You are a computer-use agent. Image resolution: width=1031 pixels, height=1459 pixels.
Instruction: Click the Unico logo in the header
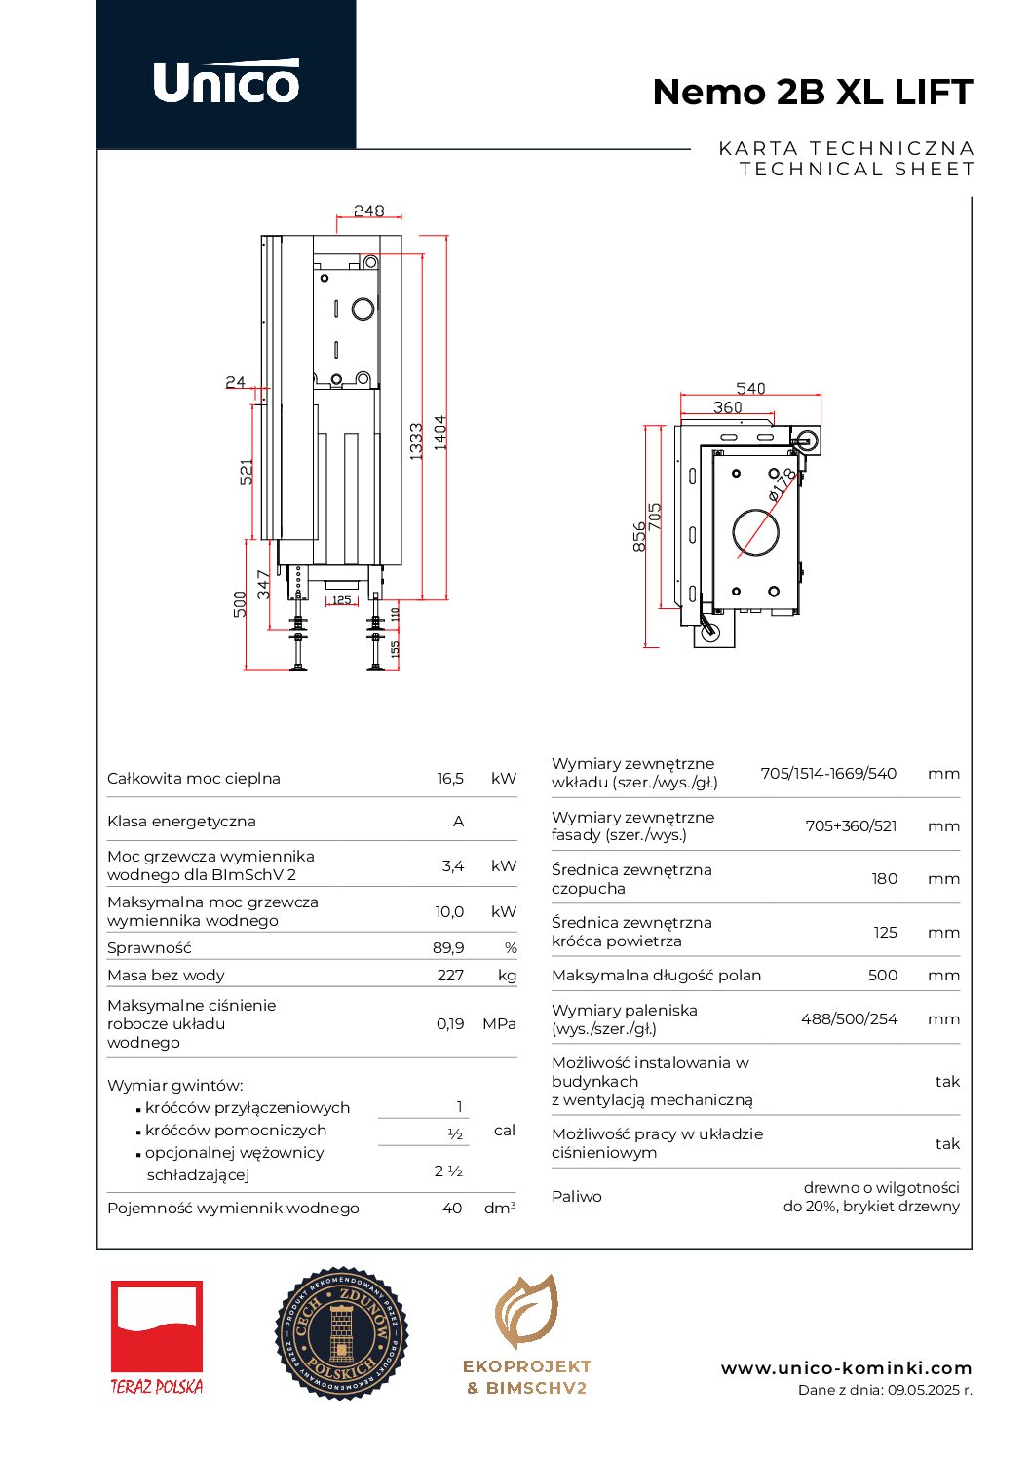coord(226,81)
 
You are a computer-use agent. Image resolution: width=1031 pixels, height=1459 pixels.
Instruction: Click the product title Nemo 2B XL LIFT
coord(812,92)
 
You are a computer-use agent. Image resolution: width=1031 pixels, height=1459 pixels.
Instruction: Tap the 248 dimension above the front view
coord(368,211)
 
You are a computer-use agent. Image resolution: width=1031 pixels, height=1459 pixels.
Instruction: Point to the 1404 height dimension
coord(440,432)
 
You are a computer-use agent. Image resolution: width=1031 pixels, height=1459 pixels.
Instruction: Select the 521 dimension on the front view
coord(247,472)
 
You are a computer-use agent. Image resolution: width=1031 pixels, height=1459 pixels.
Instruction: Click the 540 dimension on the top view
coord(750,388)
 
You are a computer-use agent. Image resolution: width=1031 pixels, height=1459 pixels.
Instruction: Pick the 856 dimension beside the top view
coord(639,536)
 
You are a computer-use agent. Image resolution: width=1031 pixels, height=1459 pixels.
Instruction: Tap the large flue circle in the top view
coord(755,533)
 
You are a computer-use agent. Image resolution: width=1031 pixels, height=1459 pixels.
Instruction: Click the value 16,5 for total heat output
coord(450,778)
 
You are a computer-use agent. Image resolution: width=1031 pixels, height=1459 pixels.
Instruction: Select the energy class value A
coord(458,821)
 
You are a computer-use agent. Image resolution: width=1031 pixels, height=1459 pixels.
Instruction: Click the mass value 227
coord(450,975)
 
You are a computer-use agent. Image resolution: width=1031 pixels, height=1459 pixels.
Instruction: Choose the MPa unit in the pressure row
coord(499,1023)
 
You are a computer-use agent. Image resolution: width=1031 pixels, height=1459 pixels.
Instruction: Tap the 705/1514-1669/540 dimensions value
coord(828,773)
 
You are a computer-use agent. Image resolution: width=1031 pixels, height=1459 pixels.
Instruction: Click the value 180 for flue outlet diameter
coord(884,878)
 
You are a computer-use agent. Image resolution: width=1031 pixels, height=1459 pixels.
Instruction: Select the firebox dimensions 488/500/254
coord(849,1018)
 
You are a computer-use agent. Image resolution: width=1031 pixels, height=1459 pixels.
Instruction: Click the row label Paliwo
coord(577,1196)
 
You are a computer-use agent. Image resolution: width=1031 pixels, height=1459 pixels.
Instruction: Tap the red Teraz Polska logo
coord(157,1336)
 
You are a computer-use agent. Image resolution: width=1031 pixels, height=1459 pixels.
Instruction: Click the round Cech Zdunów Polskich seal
coord(341,1333)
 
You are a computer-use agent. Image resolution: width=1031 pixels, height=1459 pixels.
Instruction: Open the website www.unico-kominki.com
coord(846,1368)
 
